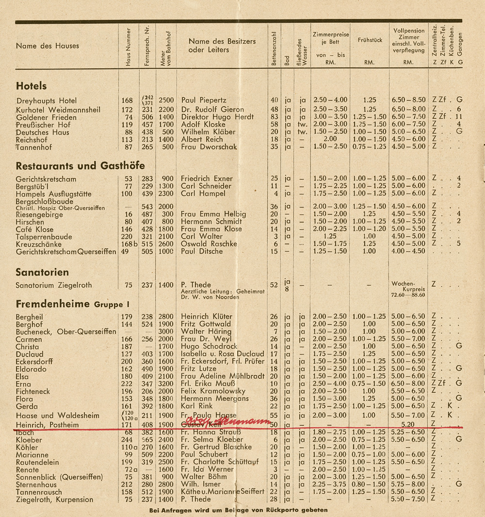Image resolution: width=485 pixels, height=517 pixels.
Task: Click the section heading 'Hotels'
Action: [x=32, y=86]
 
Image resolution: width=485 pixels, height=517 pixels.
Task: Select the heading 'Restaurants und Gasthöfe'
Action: [x=80, y=166]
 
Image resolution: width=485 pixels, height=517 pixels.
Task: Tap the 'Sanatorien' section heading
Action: [x=42, y=272]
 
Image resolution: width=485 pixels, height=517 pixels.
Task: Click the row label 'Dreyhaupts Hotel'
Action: [x=46, y=101]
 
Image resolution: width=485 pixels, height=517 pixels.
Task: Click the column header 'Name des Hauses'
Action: [x=47, y=46]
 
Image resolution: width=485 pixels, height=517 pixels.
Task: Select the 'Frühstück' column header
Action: [x=369, y=40]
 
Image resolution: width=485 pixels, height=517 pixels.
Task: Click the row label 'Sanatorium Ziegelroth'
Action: [x=53, y=285]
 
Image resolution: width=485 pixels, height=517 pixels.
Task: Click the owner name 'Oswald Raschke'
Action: [x=209, y=244]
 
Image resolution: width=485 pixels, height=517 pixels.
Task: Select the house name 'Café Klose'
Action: [x=34, y=229]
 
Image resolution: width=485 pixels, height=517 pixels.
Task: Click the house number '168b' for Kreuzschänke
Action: [x=127, y=244]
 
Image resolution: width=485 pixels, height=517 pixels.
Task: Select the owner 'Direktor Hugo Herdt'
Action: [x=217, y=117]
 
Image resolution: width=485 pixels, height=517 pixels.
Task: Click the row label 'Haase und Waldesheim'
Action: [x=57, y=416]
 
